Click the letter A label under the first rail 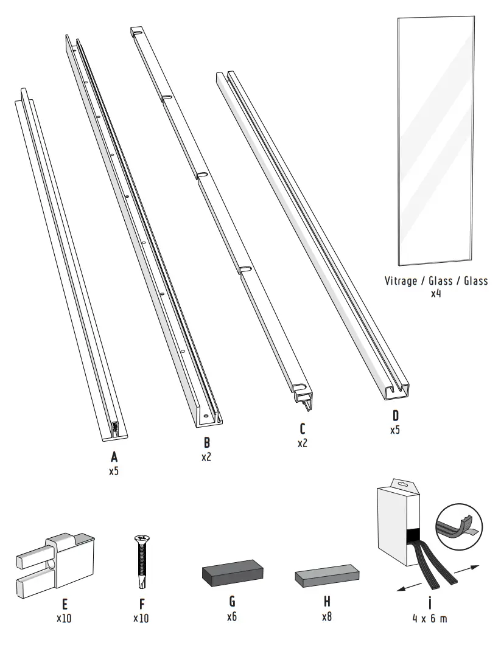tap(113, 457)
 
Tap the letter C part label tap(303, 430)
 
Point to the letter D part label tap(396, 417)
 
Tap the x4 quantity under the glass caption tap(436, 294)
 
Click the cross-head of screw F tap(141, 538)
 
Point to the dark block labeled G tap(231, 572)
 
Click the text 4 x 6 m tap(429, 619)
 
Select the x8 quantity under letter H tap(327, 616)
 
